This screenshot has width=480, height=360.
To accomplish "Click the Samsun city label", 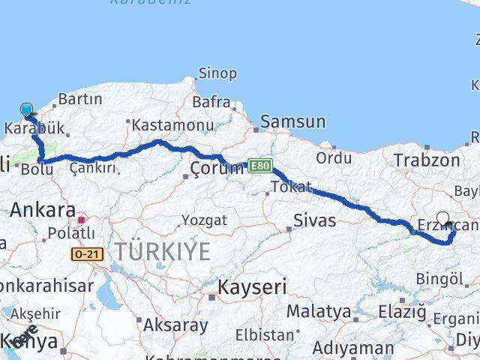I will [292, 121].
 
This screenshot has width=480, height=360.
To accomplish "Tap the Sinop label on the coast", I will [217, 73].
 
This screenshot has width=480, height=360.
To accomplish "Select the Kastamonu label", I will [160, 124].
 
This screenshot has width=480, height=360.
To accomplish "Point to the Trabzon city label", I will [426, 160].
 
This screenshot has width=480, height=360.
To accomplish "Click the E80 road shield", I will [259, 166].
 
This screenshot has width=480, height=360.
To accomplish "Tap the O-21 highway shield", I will [86, 255].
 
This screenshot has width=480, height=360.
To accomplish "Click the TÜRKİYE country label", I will [162, 253].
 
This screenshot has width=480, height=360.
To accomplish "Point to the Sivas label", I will [314, 220].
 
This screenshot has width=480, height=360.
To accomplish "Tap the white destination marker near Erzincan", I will [442, 218].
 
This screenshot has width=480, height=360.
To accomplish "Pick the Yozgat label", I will [203, 220].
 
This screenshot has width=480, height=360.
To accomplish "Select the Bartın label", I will [79, 99].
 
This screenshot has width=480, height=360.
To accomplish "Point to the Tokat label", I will [291, 187].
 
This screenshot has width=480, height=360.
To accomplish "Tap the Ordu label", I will [334, 157].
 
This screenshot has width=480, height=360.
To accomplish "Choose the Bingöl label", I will [440, 279].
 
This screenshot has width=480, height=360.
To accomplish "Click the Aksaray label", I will [175, 325].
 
